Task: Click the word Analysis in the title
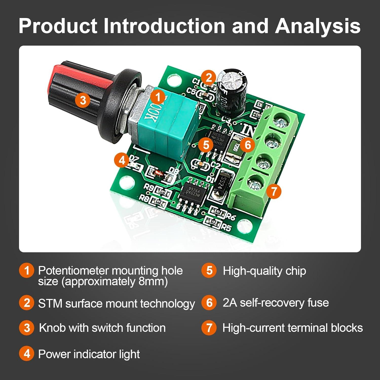(318, 26)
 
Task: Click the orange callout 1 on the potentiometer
(158, 97)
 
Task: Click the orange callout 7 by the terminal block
(274, 191)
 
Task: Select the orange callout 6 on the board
(248, 145)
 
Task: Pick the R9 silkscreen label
(149, 187)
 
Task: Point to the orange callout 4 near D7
(122, 160)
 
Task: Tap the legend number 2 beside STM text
(27, 303)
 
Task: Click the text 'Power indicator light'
(89, 354)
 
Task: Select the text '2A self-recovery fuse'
(276, 303)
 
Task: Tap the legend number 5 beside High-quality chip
(209, 271)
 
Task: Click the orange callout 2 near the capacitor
(208, 77)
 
